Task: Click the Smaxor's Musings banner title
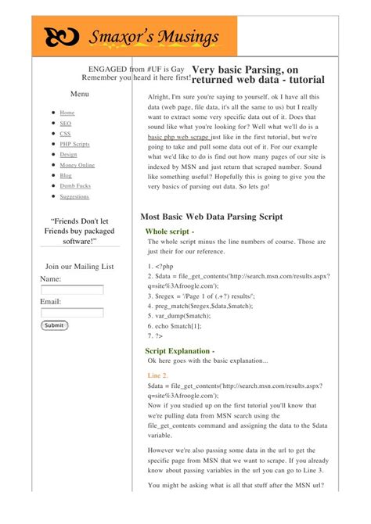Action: pos(153,37)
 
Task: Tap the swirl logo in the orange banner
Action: pos(61,37)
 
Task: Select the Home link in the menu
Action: pos(67,113)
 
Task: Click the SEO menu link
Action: pos(65,124)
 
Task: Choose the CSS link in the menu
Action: pos(65,134)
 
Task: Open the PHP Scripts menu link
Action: pos(74,145)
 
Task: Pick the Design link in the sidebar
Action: pos(68,155)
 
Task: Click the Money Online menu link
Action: pos(77,166)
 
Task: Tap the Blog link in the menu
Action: pos(66,176)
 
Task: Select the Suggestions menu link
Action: pos(74,197)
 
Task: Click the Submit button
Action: pos(55,325)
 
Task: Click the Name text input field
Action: pos(72,290)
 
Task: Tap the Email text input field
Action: pos(72,313)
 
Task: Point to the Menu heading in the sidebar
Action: pos(80,94)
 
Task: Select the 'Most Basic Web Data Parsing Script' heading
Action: pos(211,216)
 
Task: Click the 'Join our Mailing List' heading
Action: pos(80,267)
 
